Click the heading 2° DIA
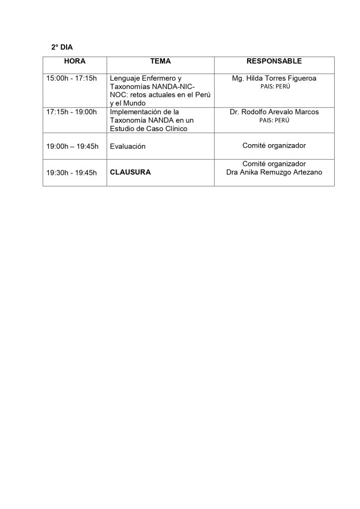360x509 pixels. [62, 48]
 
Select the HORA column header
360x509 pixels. [75, 61]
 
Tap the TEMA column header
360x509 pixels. [160, 61]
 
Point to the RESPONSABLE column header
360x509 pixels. [274, 61]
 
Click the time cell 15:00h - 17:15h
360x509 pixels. [71, 79]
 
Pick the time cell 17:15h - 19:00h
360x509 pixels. [71, 112]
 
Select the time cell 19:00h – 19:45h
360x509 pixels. [73, 146]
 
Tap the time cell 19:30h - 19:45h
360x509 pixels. [71, 172]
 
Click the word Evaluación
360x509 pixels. [127, 146]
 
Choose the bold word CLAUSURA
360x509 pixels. [130, 172]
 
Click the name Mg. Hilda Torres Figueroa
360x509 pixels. [274, 79]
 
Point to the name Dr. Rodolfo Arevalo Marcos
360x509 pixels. [274, 112]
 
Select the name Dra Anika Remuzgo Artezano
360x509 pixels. [274, 172]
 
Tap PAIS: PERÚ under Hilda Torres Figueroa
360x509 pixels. [274, 86]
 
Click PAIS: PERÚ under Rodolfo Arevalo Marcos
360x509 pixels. [274, 120]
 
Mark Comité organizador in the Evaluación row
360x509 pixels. [274, 146]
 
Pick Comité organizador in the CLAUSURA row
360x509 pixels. [274, 164]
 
